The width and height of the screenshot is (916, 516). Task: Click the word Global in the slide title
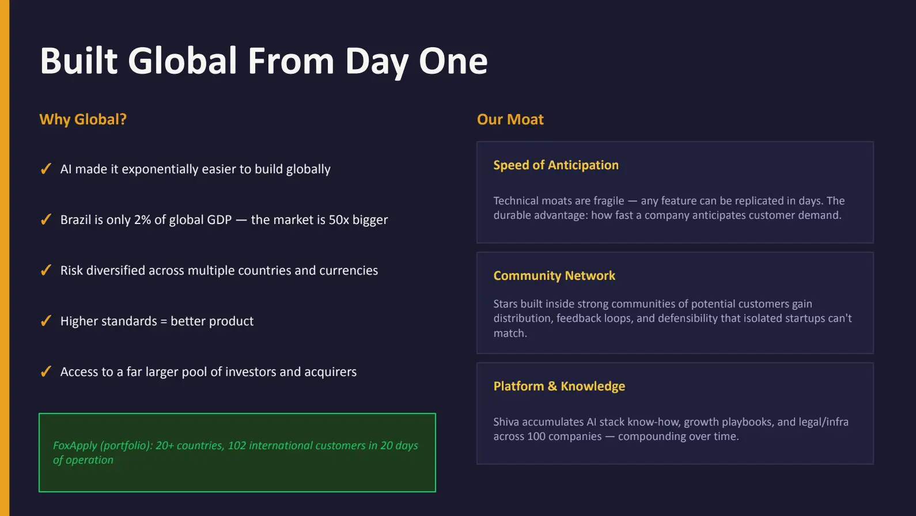pyautogui.click(x=182, y=61)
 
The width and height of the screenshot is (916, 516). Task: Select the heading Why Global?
pyautogui.click(x=83, y=119)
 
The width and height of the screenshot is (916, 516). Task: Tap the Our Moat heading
pyautogui.click(x=510, y=119)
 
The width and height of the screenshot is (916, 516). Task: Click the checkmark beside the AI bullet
pyautogui.click(x=46, y=169)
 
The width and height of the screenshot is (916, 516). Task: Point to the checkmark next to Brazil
pyautogui.click(x=46, y=219)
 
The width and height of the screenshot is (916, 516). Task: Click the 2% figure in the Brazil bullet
pyautogui.click(x=142, y=220)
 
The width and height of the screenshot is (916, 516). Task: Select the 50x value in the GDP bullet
pyautogui.click(x=339, y=220)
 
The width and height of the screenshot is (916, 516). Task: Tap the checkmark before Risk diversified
pyautogui.click(x=46, y=270)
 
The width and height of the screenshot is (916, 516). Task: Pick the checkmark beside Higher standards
pyautogui.click(x=46, y=321)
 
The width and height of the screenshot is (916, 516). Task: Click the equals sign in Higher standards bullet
pyautogui.click(x=164, y=321)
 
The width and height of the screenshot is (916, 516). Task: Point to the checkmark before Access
pyautogui.click(x=46, y=371)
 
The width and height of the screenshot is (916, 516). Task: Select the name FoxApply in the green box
pyautogui.click(x=75, y=446)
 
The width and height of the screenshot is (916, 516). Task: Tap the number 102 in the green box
pyautogui.click(x=237, y=446)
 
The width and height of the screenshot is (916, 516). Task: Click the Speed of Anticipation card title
pyautogui.click(x=555, y=165)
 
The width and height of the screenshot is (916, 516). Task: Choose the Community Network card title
pyautogui.click(x=554, y=276)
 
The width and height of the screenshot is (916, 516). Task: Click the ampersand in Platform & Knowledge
pyautogui.click(x=552, y=386)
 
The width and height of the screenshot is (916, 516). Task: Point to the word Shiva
pyautogui.click(x=506, y=422)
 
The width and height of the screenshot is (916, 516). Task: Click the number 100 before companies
pyautogui.click(x=536, y=437)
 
